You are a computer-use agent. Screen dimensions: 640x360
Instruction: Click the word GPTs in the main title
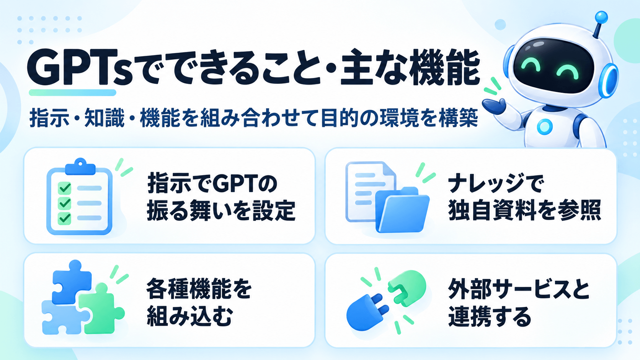point(80,67)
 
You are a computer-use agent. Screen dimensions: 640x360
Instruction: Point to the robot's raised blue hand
point(493,106)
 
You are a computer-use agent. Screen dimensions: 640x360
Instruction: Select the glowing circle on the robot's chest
point(545,127)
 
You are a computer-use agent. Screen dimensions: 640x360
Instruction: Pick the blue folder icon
point(402,209)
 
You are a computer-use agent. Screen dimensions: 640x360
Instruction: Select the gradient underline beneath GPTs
point(73,93)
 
